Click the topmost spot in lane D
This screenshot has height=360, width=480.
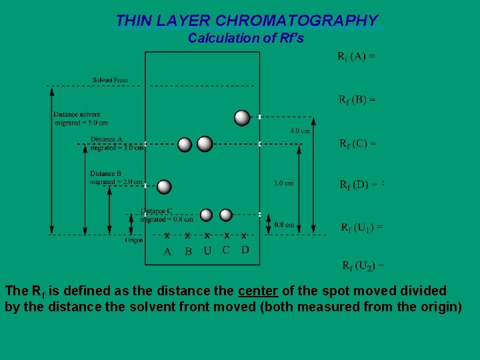pos(243,118)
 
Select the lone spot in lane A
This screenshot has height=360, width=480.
pos(164,187)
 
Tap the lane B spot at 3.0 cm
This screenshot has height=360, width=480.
pos(185,144)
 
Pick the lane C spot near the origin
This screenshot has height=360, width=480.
pos(226,215)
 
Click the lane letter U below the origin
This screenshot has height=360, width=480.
pos(207,251)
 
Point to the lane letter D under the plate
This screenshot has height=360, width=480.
pos(245,250)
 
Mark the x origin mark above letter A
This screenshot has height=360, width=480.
pos(167,235)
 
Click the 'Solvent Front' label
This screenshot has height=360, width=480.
pos(110,80)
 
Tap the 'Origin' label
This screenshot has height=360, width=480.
pos(133,240)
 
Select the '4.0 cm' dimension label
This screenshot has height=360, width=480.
pos(299,131)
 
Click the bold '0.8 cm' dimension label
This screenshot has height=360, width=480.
pos(284,225)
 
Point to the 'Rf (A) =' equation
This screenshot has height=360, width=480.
pos(356,56)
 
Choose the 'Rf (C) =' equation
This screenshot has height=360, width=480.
pos(357,143)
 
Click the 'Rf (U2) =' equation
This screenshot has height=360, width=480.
pos(363,266)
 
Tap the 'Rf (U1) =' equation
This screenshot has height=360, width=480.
pos(361,227)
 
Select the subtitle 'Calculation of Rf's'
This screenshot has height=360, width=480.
pos(245,38)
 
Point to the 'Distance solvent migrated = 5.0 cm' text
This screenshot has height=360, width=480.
pos(81,119)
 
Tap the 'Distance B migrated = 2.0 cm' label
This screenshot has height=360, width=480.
pos(116,177)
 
